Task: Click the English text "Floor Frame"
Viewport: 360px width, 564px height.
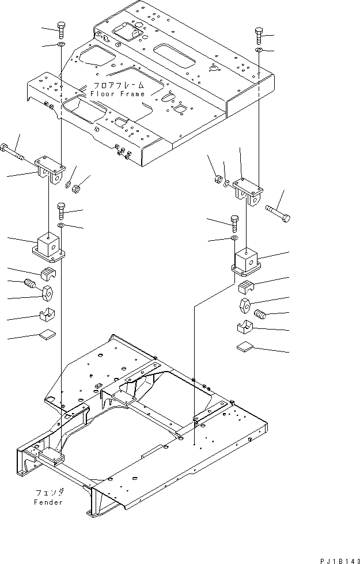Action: point(123,93)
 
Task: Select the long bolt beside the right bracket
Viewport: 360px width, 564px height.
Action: point(278,214)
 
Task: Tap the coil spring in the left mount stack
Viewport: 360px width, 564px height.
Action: point(29,285)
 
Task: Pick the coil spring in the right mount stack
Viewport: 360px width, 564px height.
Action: point(262,315)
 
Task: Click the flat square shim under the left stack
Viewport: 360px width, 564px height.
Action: point(48,334)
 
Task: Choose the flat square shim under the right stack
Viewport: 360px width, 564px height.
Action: point(245,347)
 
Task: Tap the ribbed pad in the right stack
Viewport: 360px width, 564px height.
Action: point(246,286)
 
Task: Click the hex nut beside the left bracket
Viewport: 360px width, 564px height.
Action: point(81,187)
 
